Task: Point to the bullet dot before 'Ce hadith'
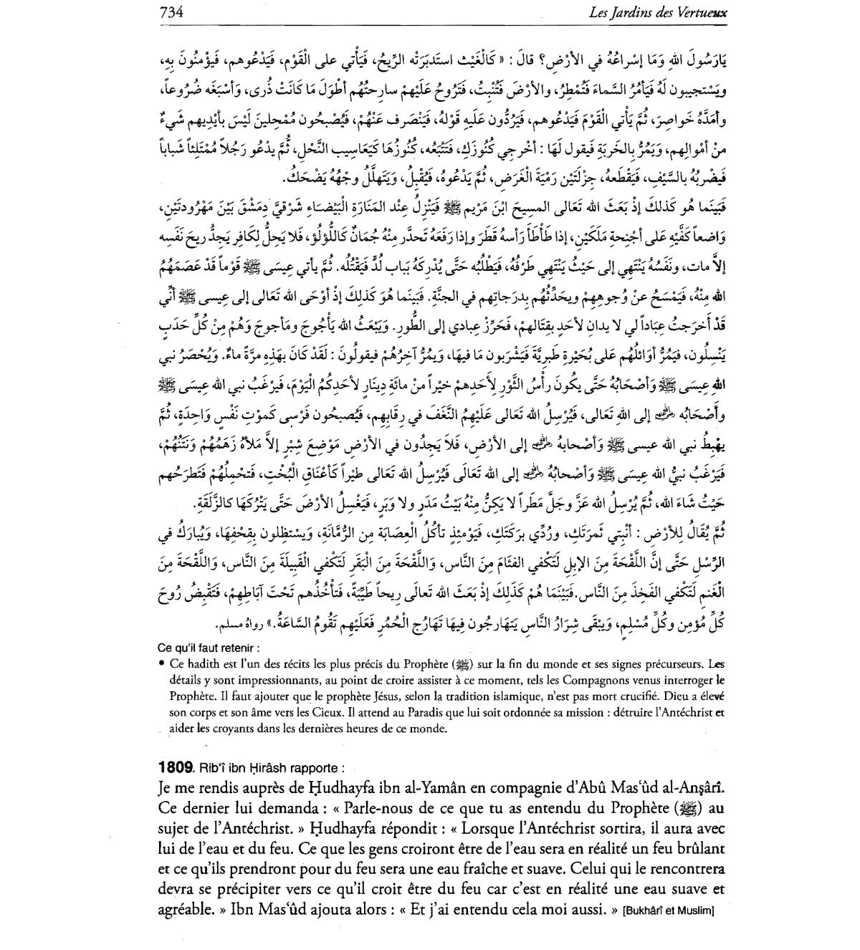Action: [x=163, y=663]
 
